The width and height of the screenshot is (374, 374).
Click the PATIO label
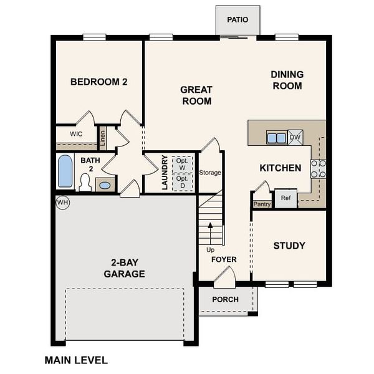(x=237, y=19)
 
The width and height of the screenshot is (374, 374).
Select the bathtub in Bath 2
(x=65, y=171)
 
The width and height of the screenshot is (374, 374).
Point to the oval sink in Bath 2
(x=105, y=185)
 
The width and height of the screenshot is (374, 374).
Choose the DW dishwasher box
(x=295, y=137)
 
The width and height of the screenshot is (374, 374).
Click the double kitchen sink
(x=276, y=137)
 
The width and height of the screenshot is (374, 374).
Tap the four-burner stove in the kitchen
(x=318, y=169)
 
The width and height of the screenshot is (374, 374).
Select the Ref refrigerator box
(x=285, y=198)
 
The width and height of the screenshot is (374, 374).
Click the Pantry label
(x=261, y=203)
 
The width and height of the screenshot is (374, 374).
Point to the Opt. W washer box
(x=182, y=164)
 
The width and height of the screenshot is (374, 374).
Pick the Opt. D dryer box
(x=182, y=182)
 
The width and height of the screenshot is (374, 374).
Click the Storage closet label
(x=210, y=173)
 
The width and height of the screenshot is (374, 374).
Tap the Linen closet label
(x=103, y=138)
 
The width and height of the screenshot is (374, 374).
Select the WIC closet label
(x=76, y=134)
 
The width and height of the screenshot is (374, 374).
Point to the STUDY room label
(x=289, y=246)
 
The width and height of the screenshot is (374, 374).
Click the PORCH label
(x=225, y=299)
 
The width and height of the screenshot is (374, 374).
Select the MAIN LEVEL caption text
(x=76, y=360)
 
